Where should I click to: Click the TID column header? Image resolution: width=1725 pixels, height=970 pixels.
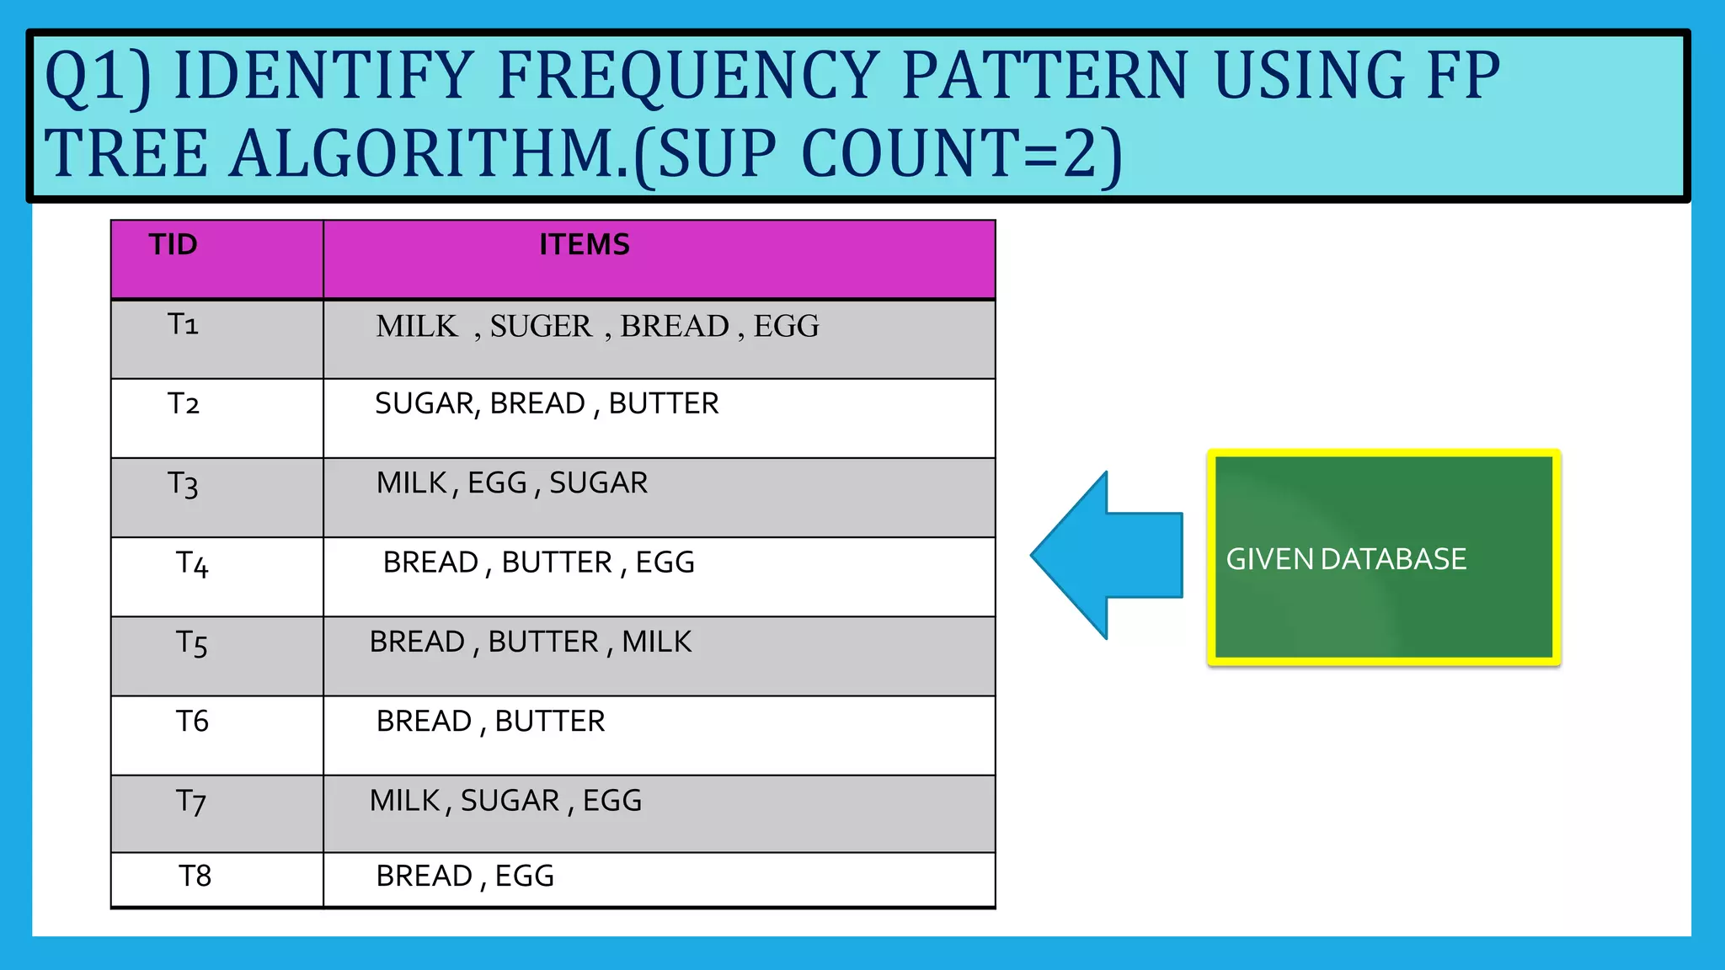[174, 245]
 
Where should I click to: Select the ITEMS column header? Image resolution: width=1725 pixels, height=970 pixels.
[585, 245]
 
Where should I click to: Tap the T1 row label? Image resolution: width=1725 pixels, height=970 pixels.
[183, 324]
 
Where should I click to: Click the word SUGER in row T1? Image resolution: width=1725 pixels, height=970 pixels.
[541, 327]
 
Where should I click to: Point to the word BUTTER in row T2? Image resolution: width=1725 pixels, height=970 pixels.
[664, 404]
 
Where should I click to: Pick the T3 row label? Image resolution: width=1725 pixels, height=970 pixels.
[183, 484]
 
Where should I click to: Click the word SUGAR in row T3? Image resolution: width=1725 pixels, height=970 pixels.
[599, 483]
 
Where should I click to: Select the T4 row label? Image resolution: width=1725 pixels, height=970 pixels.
[191, 563]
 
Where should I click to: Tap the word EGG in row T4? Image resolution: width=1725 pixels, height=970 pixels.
[665, 562]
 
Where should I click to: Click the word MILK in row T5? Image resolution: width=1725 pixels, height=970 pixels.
[657, 642]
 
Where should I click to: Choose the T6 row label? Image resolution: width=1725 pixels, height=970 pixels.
[192, 722]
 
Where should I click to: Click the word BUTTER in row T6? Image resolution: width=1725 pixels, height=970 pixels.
[550, 722]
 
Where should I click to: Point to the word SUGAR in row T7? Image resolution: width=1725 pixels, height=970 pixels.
[510, 801]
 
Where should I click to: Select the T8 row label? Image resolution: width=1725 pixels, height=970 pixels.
[195, 877]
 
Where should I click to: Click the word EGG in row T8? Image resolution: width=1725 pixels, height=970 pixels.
[525, 877]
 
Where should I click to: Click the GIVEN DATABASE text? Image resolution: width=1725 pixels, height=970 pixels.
[1346, 560]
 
